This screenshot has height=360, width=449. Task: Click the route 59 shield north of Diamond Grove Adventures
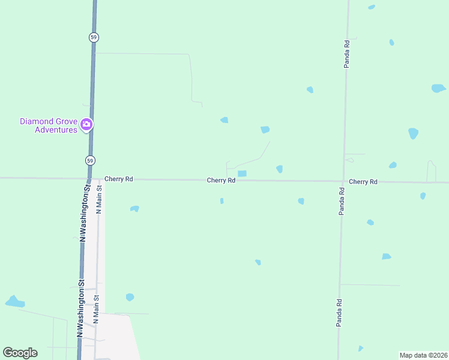click(94, 37)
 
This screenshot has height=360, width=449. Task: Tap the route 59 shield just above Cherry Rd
click(89, 160)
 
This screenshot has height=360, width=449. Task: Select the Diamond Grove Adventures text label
click(49, 125)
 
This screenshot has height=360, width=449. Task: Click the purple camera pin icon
click(86, 124)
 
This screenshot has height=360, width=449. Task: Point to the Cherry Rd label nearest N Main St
click(118, 179)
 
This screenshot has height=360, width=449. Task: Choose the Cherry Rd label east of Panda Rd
click(363, 181)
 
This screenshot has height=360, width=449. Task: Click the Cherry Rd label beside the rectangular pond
click(221, 180)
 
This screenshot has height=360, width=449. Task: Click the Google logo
click(20, 353)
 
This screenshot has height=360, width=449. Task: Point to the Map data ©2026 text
click(423, 355)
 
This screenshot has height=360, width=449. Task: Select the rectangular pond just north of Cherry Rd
click(242, 174)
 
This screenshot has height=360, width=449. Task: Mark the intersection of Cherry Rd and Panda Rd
click(342, 181)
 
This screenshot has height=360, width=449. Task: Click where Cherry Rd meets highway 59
click(88, 178)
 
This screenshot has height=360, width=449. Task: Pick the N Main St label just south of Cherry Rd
click(100, 199)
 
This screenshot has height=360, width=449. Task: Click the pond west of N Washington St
click(14, 301)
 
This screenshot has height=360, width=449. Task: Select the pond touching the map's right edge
click(439, 88)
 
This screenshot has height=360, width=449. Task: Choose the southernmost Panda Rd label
click(339, 313)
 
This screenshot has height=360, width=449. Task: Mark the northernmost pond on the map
click(372, 7)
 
